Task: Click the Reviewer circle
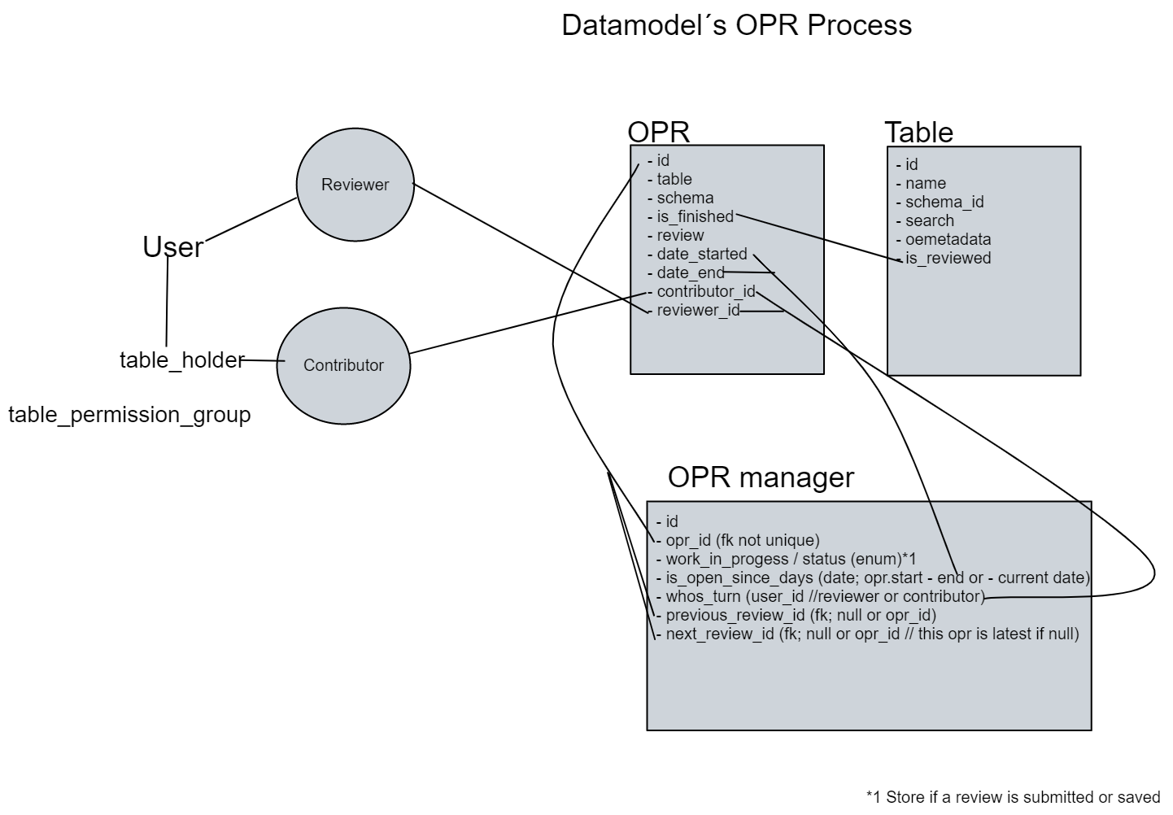(355, 185)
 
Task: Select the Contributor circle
(343, 365)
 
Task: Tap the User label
(172, 246)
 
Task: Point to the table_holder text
(181, 360)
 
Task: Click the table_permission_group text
(129, 415)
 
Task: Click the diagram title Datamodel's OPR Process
(736, 25)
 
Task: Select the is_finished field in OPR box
(695, 216)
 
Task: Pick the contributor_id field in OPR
(705, 291)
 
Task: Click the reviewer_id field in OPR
(698, 310)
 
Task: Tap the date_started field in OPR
(701, 254)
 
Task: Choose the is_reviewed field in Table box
(948, 258)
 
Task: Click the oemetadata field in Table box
(948, 239)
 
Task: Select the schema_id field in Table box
(944, 202)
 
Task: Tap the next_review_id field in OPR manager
(871, 634)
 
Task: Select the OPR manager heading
(761, 477)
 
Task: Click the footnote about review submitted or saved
(1013, 796)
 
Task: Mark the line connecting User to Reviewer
(251, 220)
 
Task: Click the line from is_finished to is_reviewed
(813, 237)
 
